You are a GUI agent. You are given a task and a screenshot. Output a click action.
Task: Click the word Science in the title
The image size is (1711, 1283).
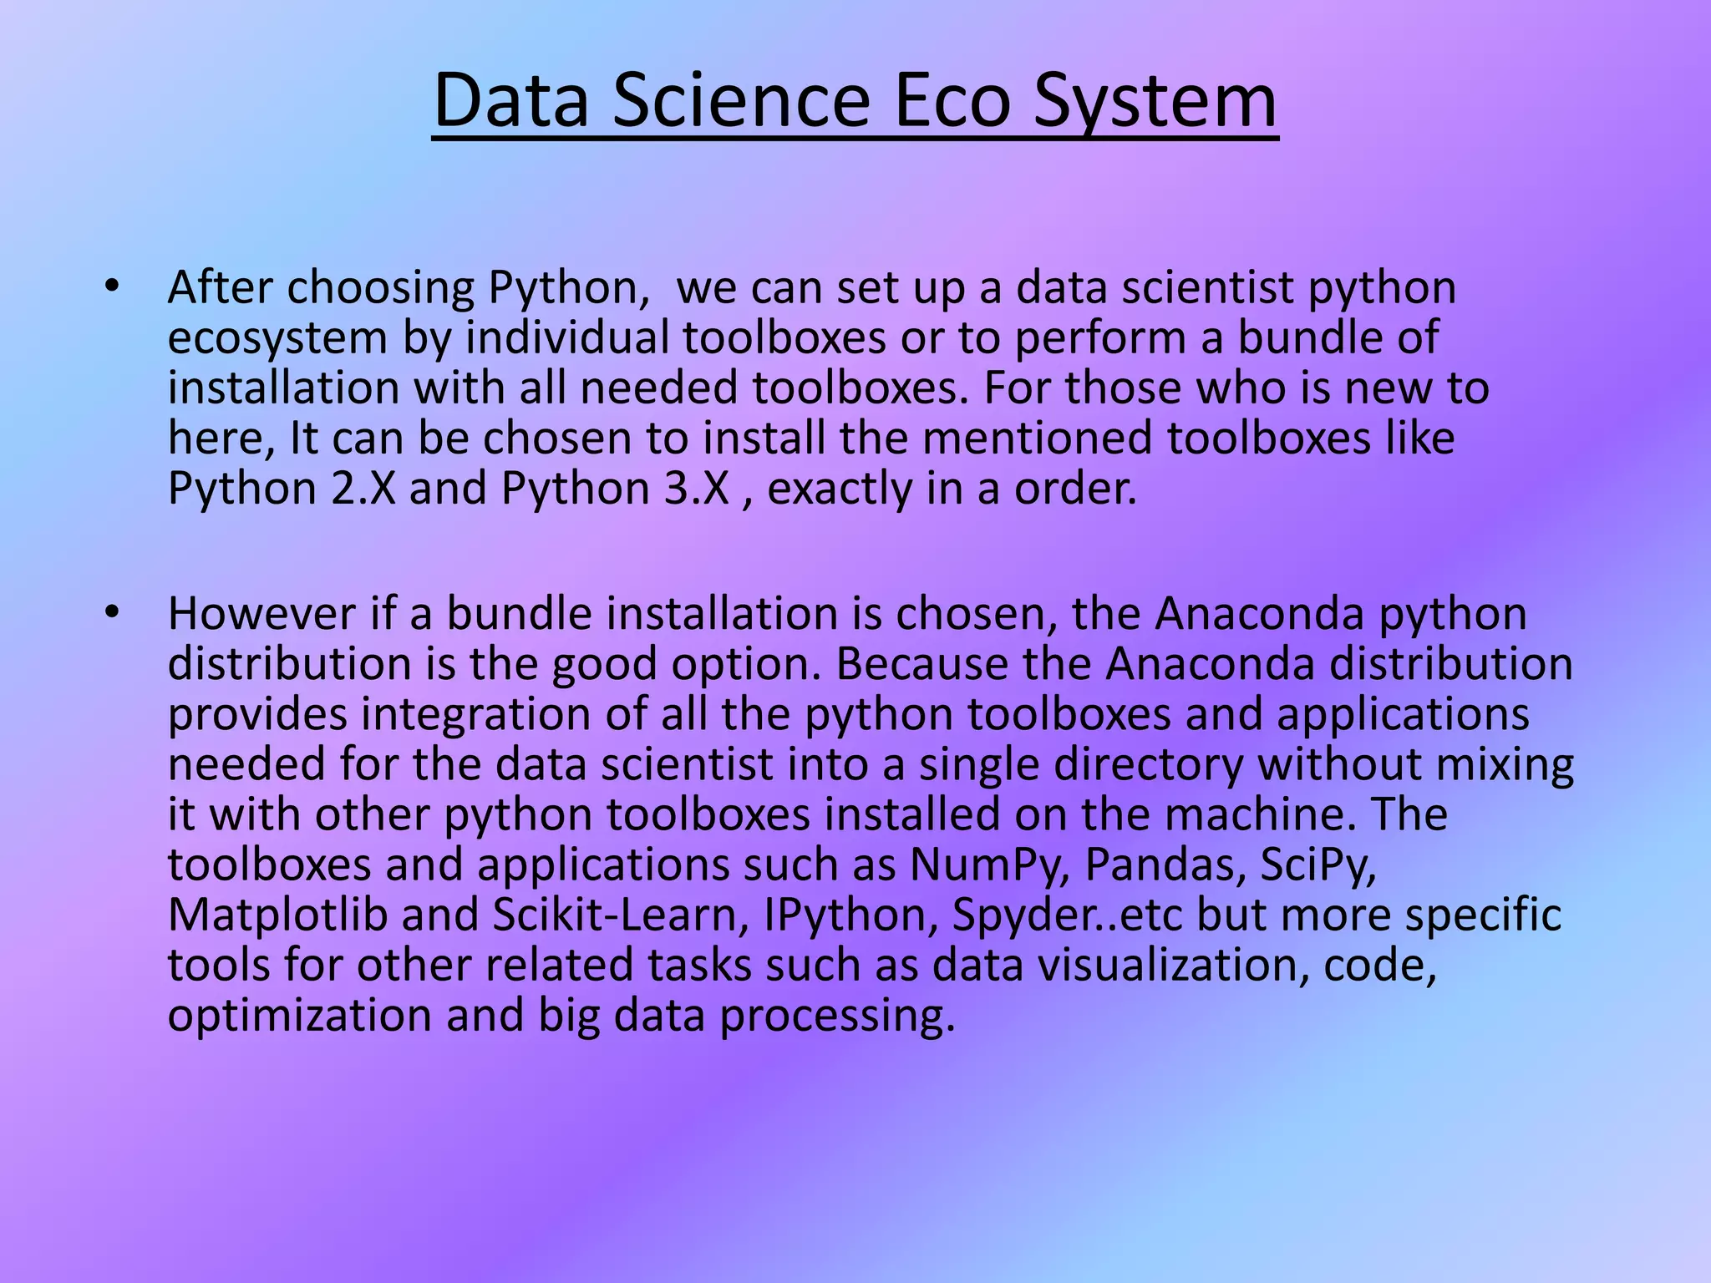tap(740, 102)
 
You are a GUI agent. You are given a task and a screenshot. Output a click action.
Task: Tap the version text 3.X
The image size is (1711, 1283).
tap(698, 488)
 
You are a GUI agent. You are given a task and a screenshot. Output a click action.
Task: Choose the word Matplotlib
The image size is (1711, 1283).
tap(278, 915)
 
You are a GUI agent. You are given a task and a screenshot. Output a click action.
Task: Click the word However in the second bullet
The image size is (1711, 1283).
tap(261, 614)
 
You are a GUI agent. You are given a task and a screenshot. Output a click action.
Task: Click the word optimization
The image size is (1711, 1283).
tap(300, 1017)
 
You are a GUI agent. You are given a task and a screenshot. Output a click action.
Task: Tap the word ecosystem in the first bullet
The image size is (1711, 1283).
tap(278, 338)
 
